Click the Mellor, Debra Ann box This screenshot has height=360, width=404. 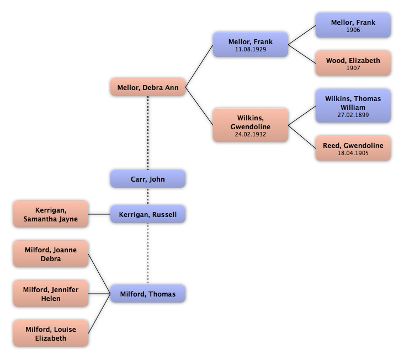148,88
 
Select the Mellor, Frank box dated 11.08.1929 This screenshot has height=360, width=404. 251,45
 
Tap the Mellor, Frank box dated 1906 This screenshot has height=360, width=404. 353,25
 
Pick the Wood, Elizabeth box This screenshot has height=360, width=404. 353,64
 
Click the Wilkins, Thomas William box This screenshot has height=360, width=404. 353,106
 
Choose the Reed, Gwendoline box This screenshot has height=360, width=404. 353,149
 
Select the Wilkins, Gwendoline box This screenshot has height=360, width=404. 251,126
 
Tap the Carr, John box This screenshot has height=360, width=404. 148,179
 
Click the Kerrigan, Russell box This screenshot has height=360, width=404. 148,214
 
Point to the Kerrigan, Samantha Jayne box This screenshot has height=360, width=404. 51,214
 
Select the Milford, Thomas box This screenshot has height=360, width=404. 148,294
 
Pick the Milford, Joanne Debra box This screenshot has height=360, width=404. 51,254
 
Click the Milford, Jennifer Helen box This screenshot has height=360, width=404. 51,294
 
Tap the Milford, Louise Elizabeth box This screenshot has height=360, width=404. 51,333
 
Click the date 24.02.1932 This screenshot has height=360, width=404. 251,134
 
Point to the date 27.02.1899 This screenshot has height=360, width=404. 353,115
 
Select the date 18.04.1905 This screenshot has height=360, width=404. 353,153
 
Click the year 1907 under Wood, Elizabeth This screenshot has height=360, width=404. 353,68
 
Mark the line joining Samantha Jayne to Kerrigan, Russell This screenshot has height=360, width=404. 99,214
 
